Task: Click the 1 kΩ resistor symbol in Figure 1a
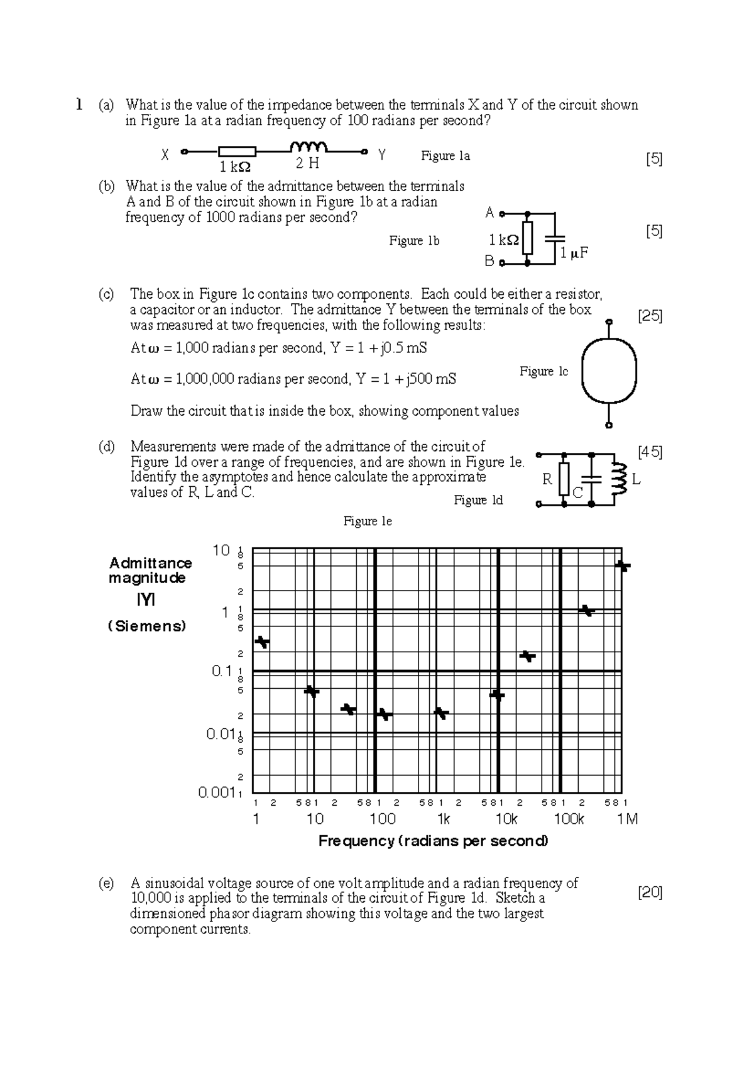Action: coord(237,152)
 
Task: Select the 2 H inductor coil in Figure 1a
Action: coord(309,147)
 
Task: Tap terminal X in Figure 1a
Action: coord(183,152)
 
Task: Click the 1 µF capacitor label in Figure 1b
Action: coord(574,253)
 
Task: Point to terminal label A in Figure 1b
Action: coord(490,213)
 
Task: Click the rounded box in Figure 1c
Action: coord(609,371)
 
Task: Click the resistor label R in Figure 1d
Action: coord(547,480)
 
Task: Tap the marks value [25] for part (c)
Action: coord(650,316)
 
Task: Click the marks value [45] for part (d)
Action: coord(650,452)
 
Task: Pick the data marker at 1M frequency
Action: coord(622,566)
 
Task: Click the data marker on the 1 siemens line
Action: coord(587,610)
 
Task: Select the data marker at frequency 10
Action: coord(312,691)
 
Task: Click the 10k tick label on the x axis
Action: coord(506,819)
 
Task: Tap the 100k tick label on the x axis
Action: coord(569,819)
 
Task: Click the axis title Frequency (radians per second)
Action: coord(433,841)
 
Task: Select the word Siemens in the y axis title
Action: coord(148,626)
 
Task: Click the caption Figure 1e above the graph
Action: coord(367,521)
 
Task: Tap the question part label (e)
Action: coord(106,883)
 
